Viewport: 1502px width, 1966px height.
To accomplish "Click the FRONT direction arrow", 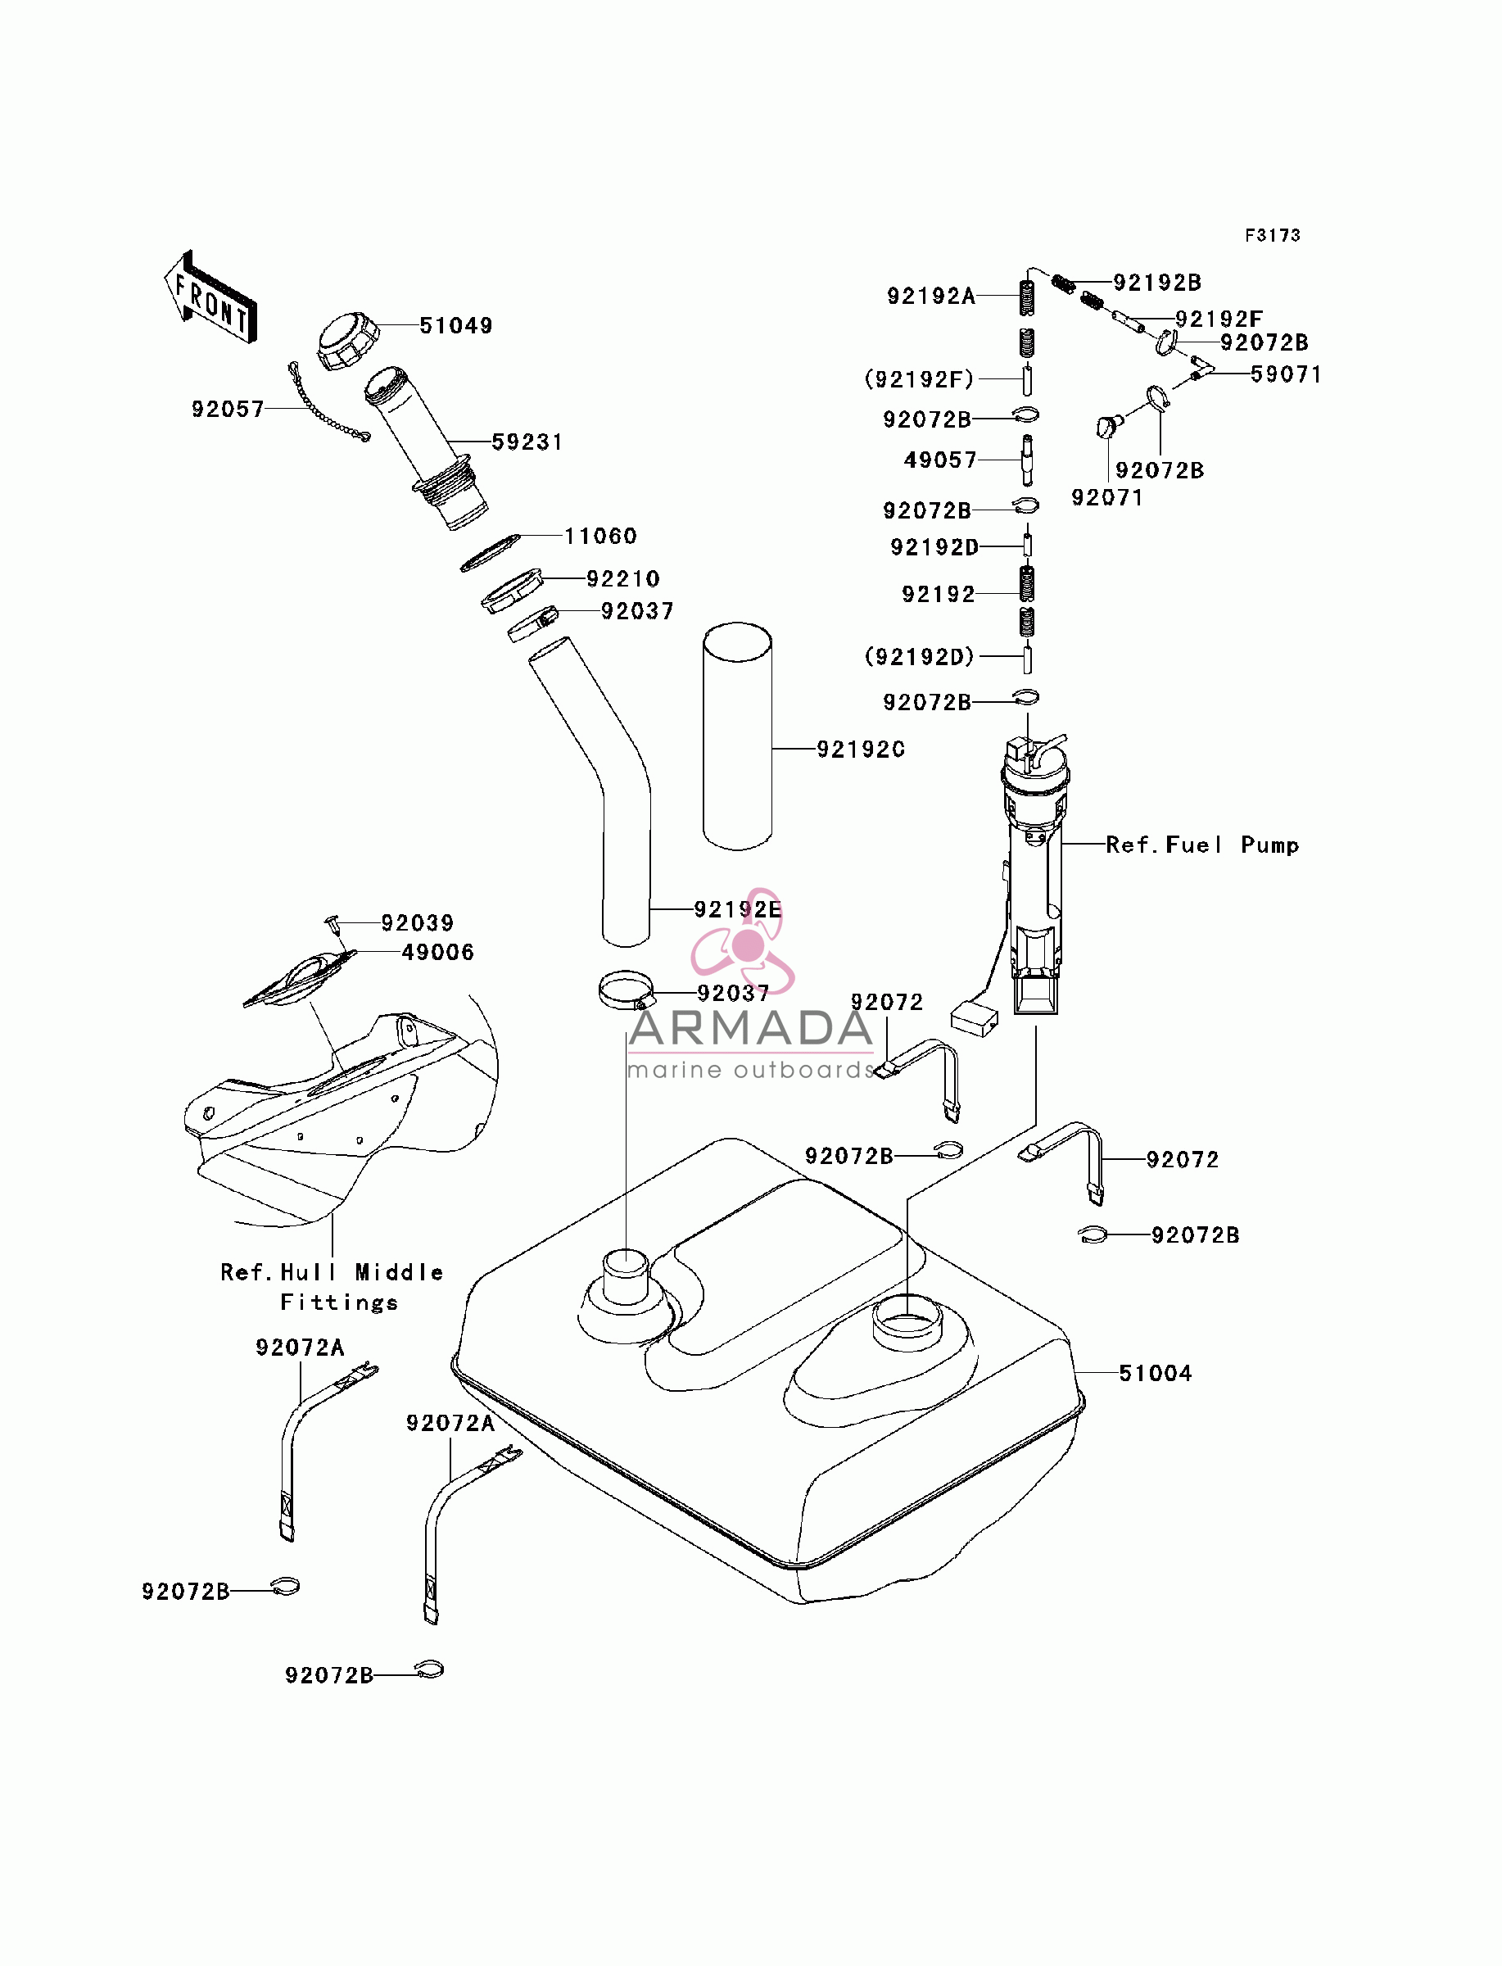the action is (210, 297).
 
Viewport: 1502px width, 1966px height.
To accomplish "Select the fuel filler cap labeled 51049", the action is (348, 341).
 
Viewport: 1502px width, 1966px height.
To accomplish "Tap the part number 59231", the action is (527, 442).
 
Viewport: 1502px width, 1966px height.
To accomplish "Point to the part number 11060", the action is (601, 536).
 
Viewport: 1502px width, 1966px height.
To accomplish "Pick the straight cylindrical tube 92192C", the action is (738, 736).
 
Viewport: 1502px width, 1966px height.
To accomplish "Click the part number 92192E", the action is (739, 909).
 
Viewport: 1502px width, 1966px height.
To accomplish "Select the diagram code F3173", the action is (1274, 235).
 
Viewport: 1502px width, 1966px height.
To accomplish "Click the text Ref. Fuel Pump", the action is (1202, 845).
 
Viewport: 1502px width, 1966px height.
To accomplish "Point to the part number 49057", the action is (940, 460).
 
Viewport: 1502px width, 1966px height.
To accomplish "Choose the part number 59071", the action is (1287, 374).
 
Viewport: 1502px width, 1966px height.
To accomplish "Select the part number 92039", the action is (418, 922).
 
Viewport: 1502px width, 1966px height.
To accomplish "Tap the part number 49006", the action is (438, 952).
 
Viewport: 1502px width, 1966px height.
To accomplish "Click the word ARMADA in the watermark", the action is (751, 1028).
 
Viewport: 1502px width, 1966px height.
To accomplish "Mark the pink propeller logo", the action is (744, 941).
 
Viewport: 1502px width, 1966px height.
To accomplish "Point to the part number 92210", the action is (623, 578).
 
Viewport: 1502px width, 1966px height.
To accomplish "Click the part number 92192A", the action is (930, 296).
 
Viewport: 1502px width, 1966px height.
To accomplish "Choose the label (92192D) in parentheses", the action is (920, 656).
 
